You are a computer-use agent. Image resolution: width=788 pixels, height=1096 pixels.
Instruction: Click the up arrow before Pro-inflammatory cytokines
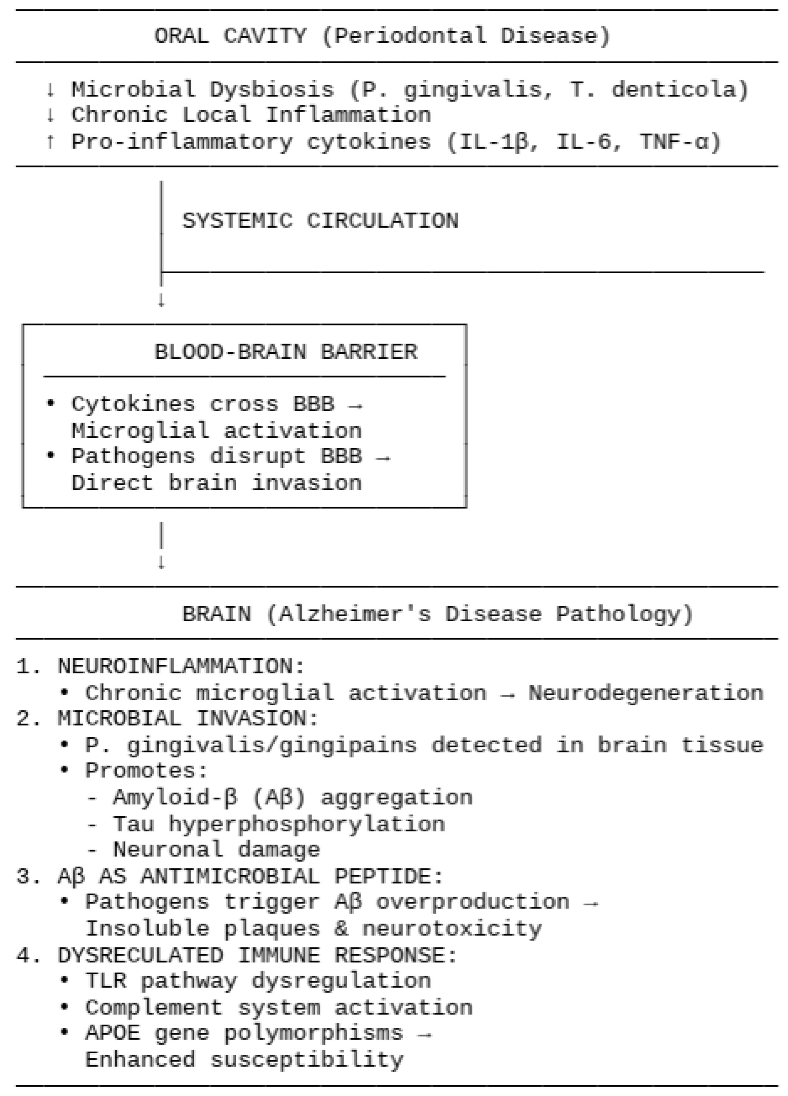[x=50, y=142]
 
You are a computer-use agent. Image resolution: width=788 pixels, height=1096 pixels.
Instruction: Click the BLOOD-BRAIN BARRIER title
[x=285, y=352]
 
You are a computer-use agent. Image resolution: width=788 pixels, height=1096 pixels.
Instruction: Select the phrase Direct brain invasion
[x=216, y=483]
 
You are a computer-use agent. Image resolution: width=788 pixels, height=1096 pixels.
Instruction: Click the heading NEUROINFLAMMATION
[x=174, y=666]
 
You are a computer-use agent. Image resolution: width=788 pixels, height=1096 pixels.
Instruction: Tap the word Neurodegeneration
[x=645, y=693]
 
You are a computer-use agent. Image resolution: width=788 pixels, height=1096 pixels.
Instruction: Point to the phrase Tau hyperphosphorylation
[x=279, y=824]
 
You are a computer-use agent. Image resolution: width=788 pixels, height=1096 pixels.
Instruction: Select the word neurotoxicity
[x=452, y=928]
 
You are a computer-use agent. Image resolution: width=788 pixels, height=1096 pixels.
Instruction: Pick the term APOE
[x=113, y=1033]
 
